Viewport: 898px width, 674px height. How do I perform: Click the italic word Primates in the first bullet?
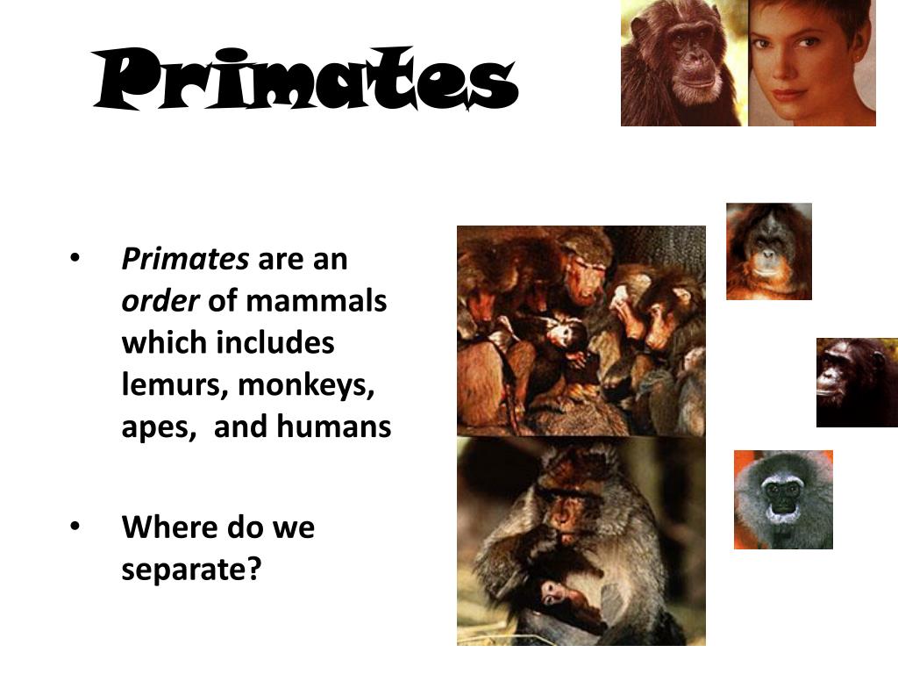(185, 260)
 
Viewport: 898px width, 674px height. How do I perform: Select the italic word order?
(160, 301)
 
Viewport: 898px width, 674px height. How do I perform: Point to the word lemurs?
(175, 384)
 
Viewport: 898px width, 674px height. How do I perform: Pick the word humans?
(334, 427)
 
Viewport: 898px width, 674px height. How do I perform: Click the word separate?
(192, 570)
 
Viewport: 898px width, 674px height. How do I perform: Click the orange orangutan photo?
(768, 251)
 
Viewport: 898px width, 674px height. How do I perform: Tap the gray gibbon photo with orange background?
(782, 499)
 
